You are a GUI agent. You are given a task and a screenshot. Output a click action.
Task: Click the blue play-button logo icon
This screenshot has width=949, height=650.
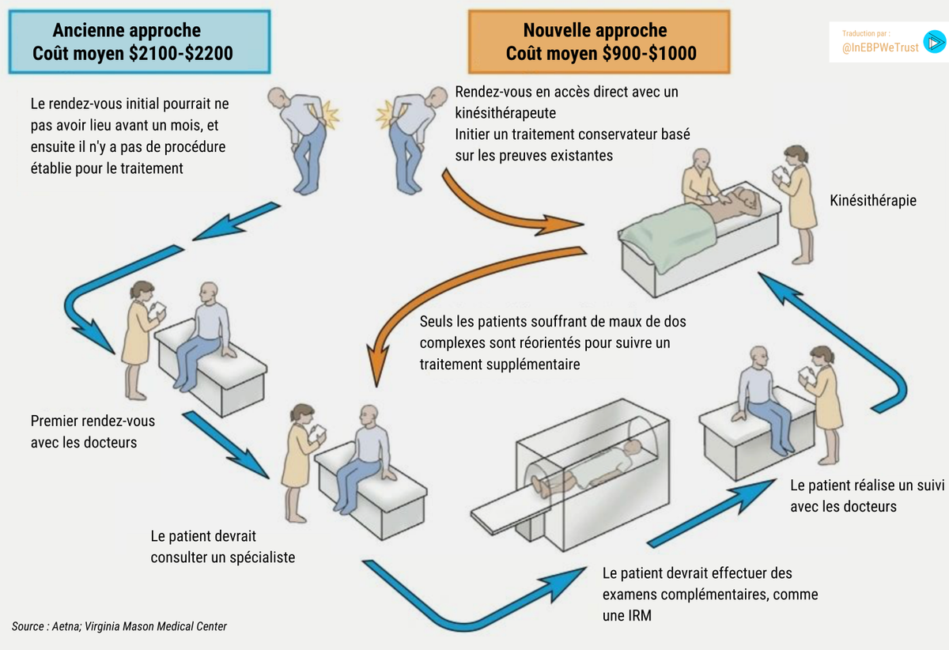click(935, 41)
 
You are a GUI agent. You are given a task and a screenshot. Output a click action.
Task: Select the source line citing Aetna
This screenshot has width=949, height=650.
click(119, 626)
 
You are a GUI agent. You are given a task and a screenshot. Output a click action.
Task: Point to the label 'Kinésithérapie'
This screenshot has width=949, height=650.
click(873, 201)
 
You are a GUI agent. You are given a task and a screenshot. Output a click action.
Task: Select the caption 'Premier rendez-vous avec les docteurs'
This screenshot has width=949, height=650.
click(93, 432)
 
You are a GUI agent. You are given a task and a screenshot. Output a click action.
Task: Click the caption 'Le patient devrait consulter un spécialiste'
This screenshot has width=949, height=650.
click(222, 546)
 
